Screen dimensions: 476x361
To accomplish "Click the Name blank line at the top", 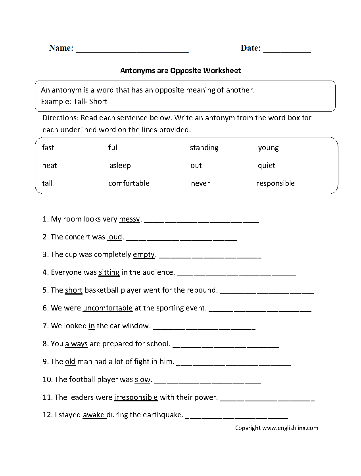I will coord(132,51).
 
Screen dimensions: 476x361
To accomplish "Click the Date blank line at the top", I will coord(287,51).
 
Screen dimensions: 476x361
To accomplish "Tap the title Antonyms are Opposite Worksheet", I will coord(180,71).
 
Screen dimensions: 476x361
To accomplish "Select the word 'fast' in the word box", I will coord(48,148).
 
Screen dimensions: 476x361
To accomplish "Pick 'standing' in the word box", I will coord(204,148).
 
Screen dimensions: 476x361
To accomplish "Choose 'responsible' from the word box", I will coord(275,183).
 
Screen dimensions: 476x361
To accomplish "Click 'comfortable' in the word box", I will coord(129,183).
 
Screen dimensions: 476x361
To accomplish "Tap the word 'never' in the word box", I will coord(200,183).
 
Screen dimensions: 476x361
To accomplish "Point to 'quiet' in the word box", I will coord(266,166).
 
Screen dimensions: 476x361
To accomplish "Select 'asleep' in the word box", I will coord(120,166).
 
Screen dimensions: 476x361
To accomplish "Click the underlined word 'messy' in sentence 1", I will coord(129,219).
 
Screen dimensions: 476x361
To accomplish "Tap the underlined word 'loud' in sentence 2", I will coord(115,237).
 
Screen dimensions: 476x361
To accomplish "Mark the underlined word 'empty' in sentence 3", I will coord(144,255).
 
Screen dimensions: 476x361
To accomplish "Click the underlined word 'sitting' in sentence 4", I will coord(109,272).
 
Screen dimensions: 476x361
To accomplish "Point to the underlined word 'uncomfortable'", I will coord(108,308).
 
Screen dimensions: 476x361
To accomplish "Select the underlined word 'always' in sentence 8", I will coord(76,344).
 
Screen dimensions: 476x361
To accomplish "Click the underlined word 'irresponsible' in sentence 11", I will coord(136,397).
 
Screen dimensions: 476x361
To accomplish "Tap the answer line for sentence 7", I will coord(204,328).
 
